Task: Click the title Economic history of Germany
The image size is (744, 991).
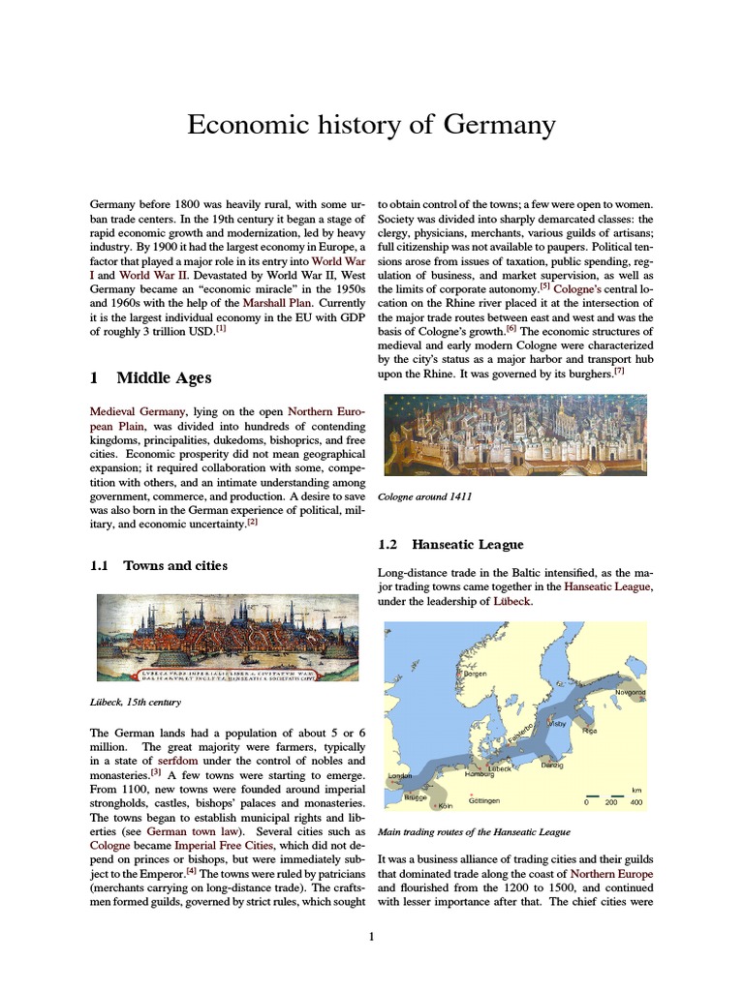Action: [x=371, y=125]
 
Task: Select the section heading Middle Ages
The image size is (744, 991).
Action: [x=163, y=377]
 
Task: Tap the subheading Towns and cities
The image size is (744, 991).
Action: [x=175, y=565]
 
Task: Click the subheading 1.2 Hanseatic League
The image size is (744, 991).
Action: [x=450, y=545]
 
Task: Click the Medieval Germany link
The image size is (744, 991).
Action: [x=137, y=411]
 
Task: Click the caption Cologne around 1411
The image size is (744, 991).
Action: [x=425, y=496]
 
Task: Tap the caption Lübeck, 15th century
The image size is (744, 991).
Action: [x=137, y=702]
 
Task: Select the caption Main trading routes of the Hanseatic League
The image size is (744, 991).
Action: [x=473, y=832]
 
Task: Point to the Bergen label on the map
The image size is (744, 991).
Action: [x=475, y=674]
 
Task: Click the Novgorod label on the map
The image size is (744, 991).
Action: [x=630, y=693]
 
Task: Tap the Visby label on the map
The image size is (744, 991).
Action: [x=557, y=723]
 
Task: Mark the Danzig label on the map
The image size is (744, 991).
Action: [x=551, y=766]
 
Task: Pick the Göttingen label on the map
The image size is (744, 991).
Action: [x=483, y=801]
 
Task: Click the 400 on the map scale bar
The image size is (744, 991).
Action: [x=636, y=802]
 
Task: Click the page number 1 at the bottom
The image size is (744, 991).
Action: [x=371, y=937]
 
